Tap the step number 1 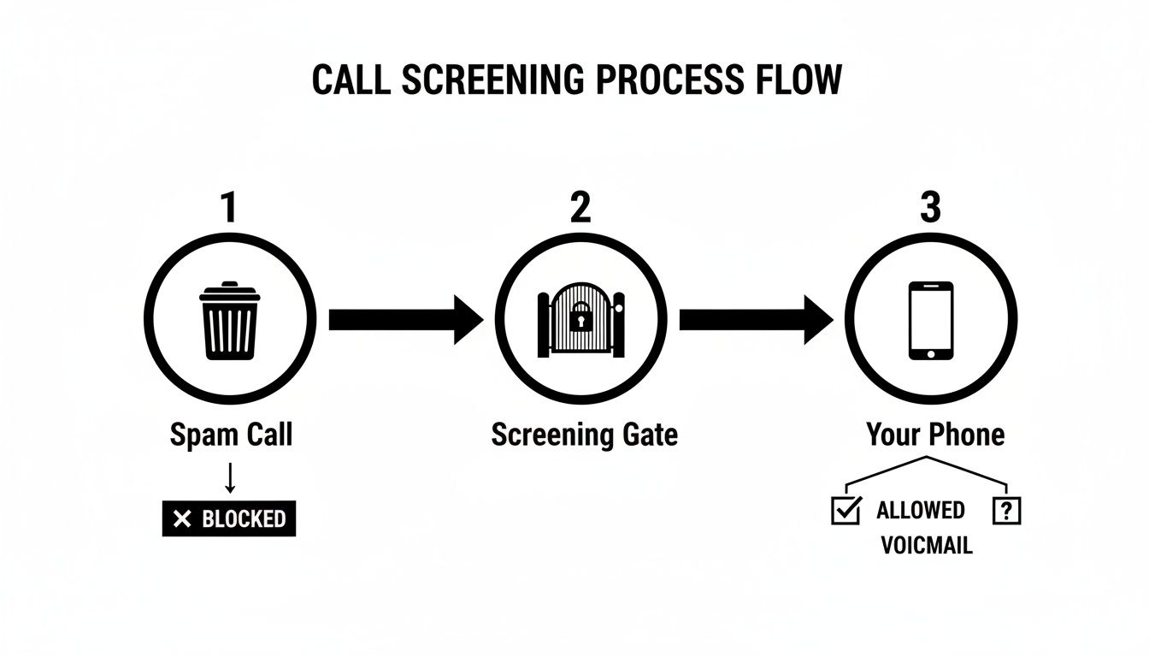point(228,208)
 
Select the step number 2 point(580,208)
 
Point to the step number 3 point(930,208)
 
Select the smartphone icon point(930,321)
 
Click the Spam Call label point(231,435)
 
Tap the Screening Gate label point(584,435)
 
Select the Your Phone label point(935,435)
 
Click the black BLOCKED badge point(229,518)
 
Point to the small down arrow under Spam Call point(229,477)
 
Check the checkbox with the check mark point(846,511)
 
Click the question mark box point(1006,511)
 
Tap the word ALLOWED point(921,511)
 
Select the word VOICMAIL point(927,546)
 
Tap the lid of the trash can point(229,292)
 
